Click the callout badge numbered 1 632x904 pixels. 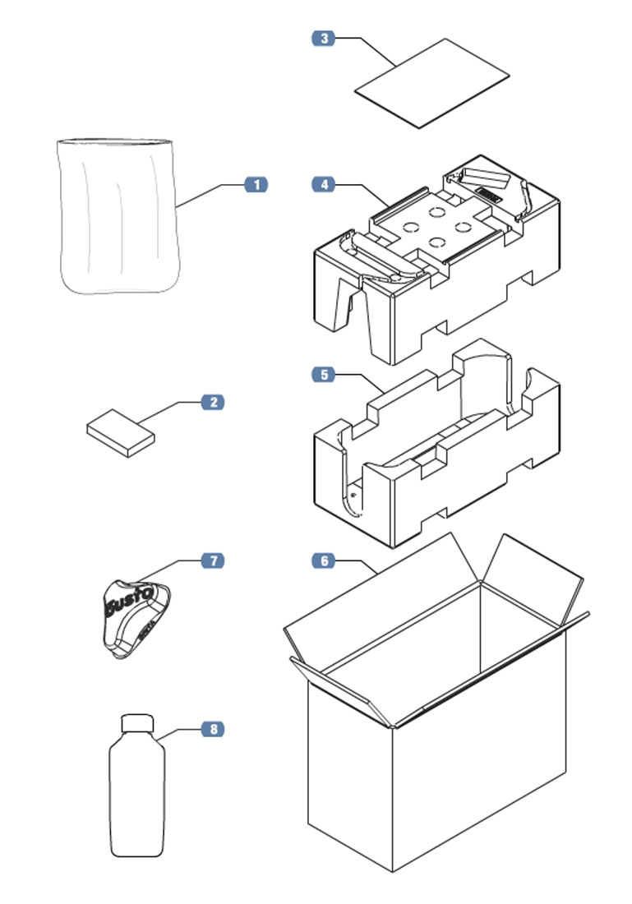[x=256, y=185]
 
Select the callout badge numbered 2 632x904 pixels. [x=213, y=403]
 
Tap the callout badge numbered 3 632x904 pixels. [x=324, y=38]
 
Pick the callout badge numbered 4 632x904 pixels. [x=324, y=185]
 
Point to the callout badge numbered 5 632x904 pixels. [x=324, y=375]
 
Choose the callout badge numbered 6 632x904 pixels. [x=324, y=560]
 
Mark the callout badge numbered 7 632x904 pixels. [x=213, y=560]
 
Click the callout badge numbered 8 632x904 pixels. [x=213, y=729]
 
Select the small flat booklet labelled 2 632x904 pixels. [x=120, y=432]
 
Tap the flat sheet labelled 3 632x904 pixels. [x=432, y=83]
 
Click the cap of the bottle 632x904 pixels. [x=137, y=723]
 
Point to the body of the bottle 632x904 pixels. [x=137, y=797]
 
